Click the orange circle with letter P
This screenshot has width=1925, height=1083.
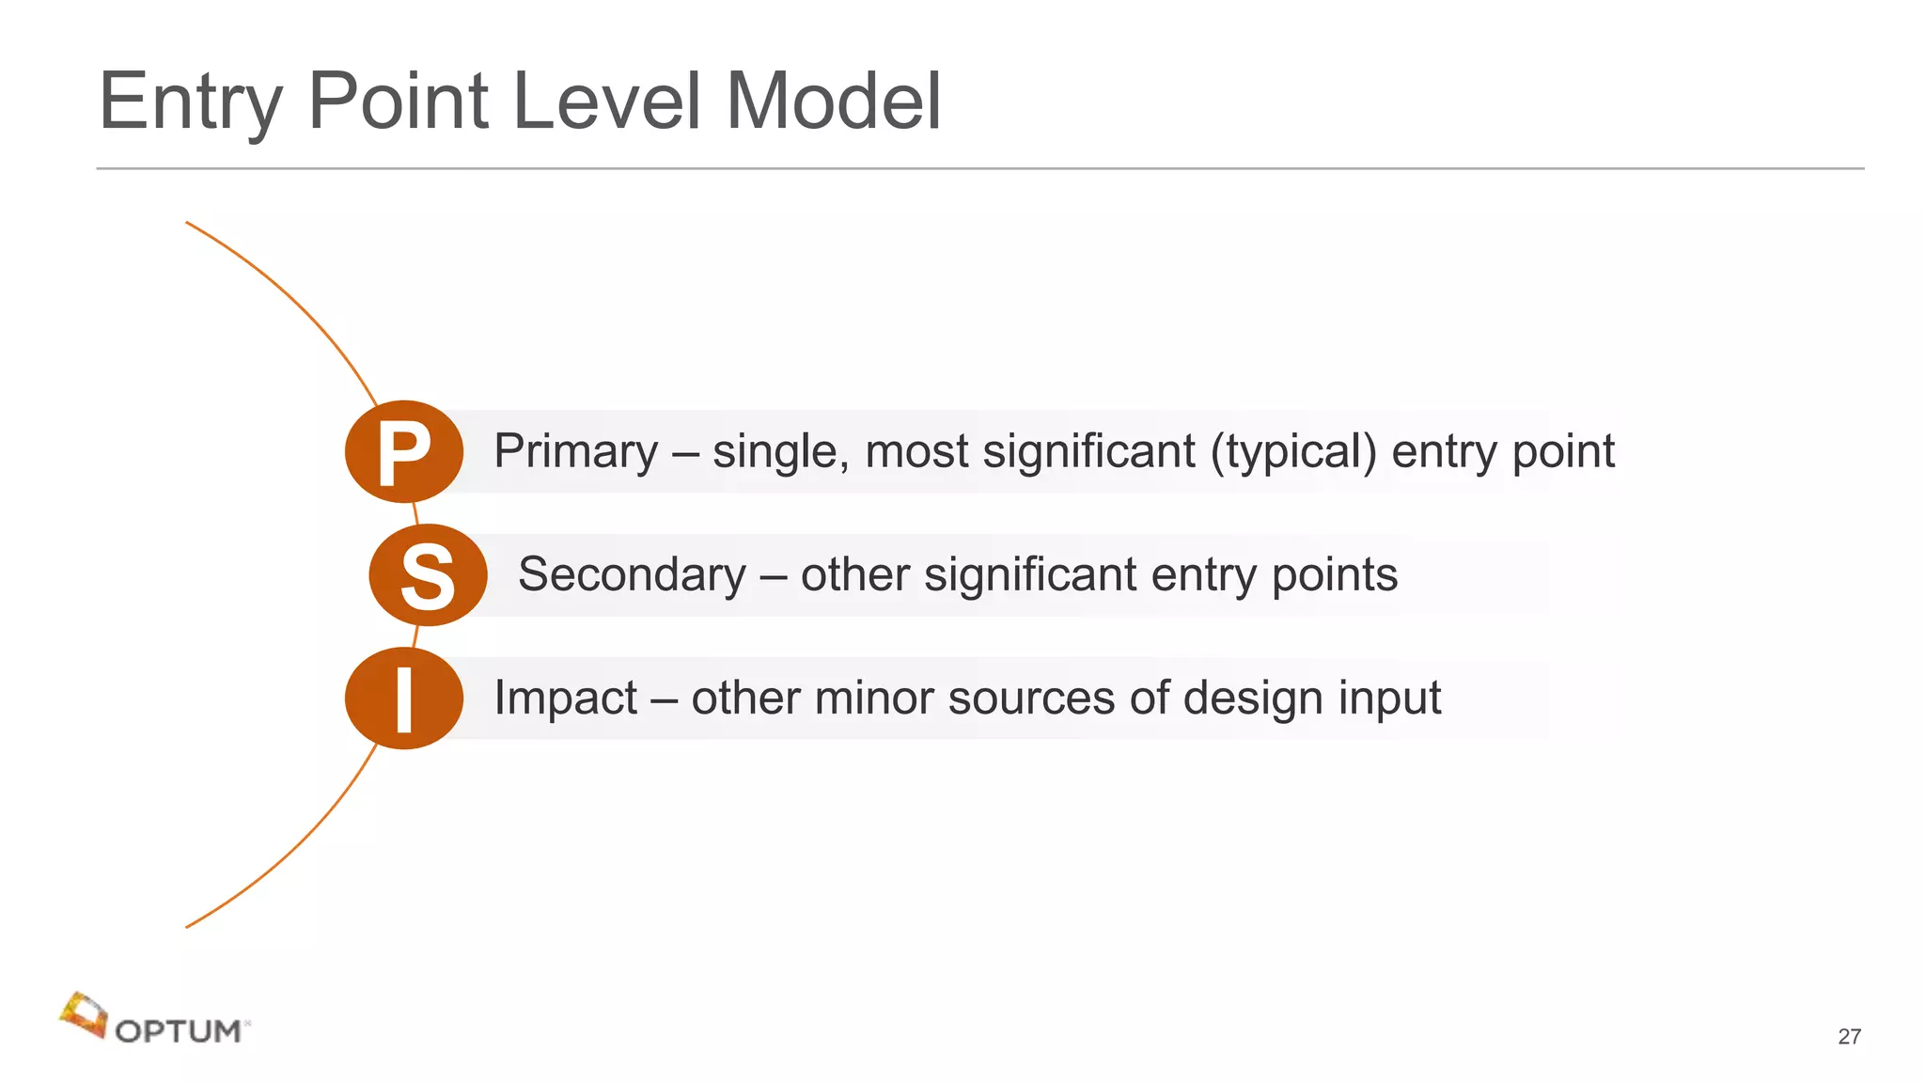[404, 452]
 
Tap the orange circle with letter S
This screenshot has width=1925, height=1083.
[428, 575]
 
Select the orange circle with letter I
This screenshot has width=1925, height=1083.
[404, 698]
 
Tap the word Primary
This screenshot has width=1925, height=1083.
[576, 452]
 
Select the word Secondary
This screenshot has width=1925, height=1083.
[633, 575]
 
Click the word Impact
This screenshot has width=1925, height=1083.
[566, 698]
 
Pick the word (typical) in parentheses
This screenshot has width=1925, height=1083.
[1293, 452]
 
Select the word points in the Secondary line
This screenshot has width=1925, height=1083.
[1335, 575]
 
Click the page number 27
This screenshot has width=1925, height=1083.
[1849, 1037]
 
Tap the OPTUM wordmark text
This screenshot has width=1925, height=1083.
[179, 1031]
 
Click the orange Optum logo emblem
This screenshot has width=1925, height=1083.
[84, 1015]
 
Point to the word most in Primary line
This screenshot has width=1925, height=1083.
[916, 452]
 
